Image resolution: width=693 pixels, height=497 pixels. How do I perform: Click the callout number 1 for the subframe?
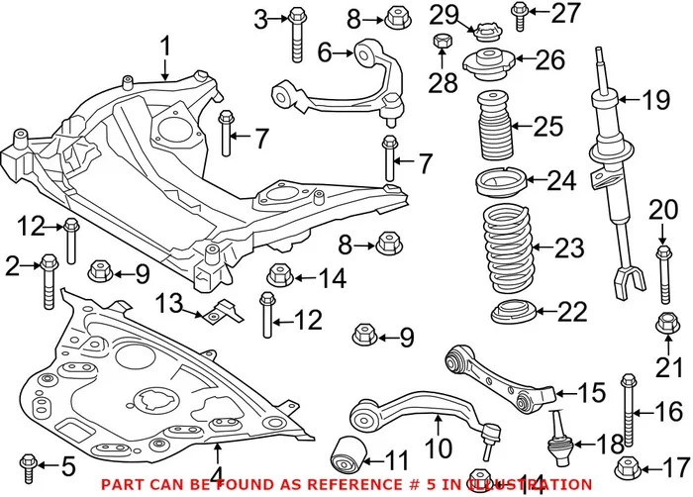coord(165,46)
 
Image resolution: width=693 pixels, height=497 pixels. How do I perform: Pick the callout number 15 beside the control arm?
coord(590,393)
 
